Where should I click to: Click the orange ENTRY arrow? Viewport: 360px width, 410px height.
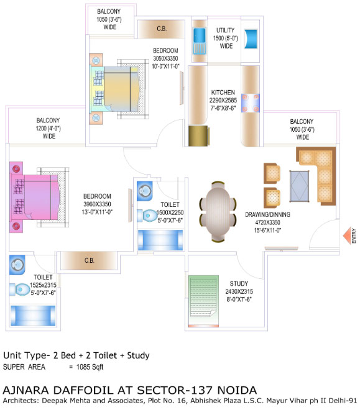click(x=347, y=235)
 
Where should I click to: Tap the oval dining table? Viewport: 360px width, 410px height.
click(x=218, y=211)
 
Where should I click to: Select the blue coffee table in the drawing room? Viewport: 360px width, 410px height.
click(x=299, y=186)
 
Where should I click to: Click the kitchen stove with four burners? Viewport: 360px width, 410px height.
click(x=251, y=103)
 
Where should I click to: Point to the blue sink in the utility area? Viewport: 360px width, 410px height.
click(x=200, y=42)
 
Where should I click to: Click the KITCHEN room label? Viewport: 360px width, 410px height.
click(x=223, y=93)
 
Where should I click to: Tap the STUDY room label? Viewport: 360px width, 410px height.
click(x=239, y=284)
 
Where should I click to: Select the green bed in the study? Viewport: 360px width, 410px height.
click(x=203, y=301)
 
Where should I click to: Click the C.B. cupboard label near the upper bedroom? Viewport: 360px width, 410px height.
click(x=162, y=29)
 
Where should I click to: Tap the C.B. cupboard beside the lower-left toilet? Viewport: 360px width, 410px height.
click(x=89, y=260)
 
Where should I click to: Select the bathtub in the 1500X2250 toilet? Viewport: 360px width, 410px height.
click(x=160, y=240)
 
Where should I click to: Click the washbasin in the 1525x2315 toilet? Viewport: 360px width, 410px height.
click(x=17, y=265)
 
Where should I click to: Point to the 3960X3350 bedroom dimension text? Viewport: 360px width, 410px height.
click(x=97, y=204)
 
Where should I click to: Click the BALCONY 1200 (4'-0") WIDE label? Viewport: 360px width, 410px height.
click(x=48, y=128)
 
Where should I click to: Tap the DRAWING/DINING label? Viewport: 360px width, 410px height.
click(x=267, y=214)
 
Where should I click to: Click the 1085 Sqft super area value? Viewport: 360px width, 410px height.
click(x=90, y=367)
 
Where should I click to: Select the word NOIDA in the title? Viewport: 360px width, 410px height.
click(x=237, y=390)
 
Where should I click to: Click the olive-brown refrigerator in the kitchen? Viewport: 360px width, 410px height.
click(x=199, y=135)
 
